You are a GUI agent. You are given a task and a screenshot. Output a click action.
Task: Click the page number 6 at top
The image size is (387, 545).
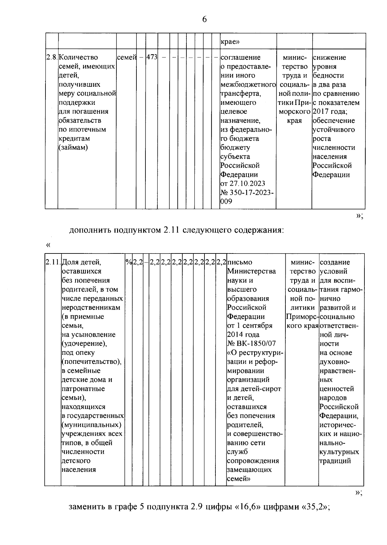pos(204,19)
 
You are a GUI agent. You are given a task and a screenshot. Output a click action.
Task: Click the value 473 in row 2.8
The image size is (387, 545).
pos(152,57)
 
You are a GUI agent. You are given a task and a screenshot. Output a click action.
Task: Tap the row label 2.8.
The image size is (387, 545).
pos(52,57)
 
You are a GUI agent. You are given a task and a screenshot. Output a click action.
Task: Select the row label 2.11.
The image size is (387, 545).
pos(53,262)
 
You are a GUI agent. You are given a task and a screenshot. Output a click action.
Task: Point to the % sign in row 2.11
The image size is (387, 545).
pos(129,262)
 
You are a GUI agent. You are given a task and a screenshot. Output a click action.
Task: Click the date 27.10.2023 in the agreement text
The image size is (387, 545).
pos(247,183)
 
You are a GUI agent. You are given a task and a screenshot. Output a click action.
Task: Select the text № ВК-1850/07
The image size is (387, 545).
pos(251,343)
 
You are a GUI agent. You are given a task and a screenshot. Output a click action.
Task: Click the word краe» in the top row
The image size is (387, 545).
pos(230,42)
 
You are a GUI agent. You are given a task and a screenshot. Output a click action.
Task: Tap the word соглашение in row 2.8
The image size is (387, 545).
pos(240,57)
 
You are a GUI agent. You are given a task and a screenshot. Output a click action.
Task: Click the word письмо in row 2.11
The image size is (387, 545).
pos(240,262)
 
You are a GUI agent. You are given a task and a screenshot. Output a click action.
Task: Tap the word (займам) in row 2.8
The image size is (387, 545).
pos(73,147)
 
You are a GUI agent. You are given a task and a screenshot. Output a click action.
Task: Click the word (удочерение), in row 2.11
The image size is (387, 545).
pos(84,343)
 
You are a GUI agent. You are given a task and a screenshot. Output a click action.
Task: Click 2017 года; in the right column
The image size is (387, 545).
pos(329,112)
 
